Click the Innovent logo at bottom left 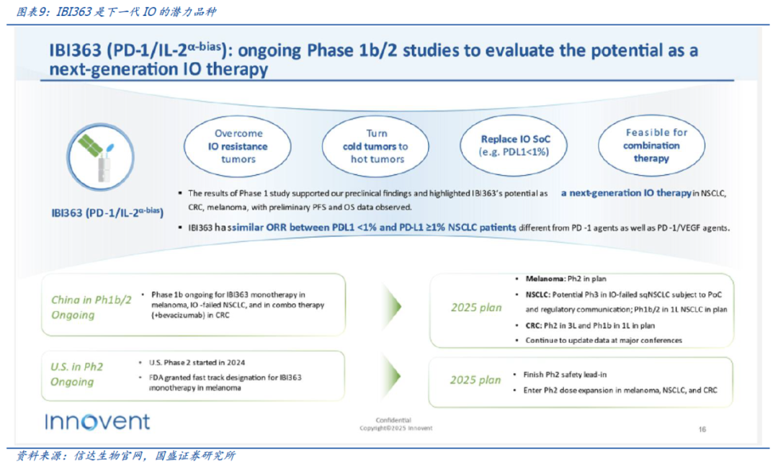(97, 421)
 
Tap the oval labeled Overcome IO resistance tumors (238, 146)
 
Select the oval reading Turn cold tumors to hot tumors (375, 146)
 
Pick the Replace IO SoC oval (514, 145)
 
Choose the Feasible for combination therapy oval (651, 145)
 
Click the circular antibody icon (101, 157)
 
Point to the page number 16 (702, 429)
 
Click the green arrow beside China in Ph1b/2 (391, 306)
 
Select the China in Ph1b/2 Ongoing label (91, 308)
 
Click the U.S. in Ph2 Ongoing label (76, 374)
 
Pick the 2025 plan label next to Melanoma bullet (476, 308)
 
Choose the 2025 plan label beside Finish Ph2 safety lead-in (475, 380)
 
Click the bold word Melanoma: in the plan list (545, 279)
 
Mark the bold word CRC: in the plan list (533, 326)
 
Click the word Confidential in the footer (393, 421)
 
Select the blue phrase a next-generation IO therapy (626, 193)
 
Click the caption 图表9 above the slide (32, 12)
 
